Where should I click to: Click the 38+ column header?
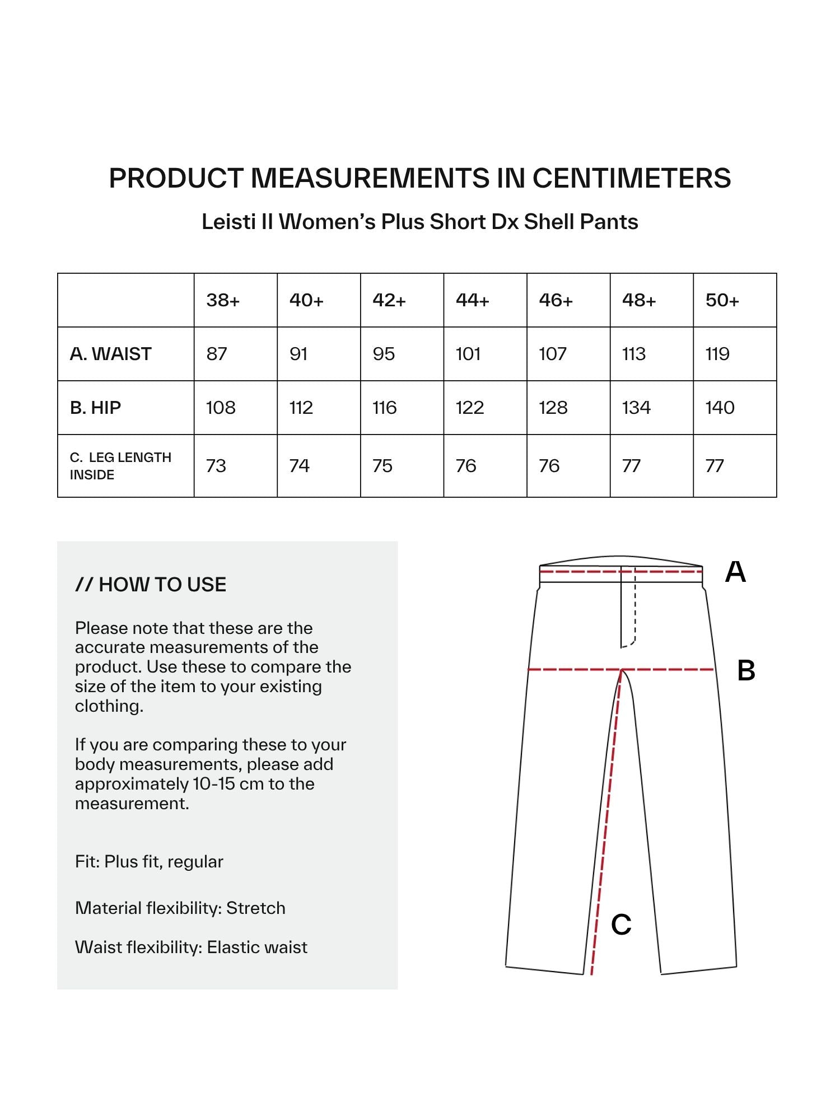223,301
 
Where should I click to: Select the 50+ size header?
722,301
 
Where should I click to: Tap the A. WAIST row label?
111,354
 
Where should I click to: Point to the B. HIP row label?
95,408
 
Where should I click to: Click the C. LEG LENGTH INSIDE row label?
120,466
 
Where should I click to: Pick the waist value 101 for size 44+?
468,354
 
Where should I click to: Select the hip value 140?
720,408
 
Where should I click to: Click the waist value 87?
217,354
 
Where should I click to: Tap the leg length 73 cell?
216,466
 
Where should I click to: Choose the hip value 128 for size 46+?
553,408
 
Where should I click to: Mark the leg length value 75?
382,466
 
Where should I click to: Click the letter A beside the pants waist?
735,572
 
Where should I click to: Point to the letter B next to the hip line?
746,670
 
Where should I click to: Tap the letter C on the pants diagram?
621,925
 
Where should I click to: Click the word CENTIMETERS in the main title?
631,178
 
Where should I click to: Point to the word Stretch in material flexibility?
256,908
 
